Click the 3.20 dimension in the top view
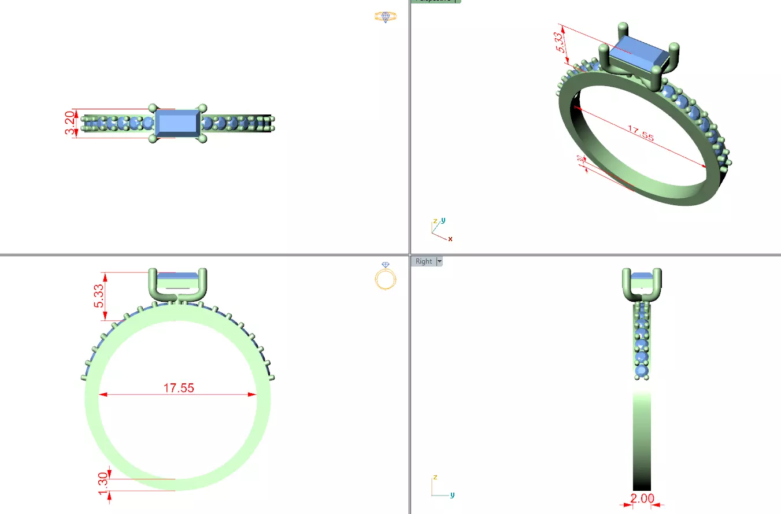coord(69,123)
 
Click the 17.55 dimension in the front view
coord(178,388)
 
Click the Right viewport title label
coord(423,261)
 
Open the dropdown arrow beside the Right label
coord(439,261)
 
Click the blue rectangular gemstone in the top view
coord(177,123)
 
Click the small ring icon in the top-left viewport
coord(385,16)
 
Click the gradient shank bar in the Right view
coord(642,439)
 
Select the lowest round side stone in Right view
coord(642,370)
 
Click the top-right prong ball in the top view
coord(202,108)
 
